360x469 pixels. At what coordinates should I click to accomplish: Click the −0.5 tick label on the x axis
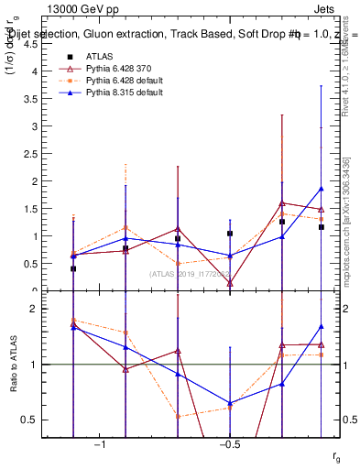point(229,444)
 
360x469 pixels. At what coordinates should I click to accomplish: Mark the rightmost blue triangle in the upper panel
point(322,189)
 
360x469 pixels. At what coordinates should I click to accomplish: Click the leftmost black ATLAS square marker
point(73,268)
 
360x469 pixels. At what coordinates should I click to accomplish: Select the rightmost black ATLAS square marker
point(322,226)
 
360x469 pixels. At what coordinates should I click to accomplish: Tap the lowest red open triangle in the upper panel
point(230,284)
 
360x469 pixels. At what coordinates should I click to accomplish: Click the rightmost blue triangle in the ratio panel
point(322,326)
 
